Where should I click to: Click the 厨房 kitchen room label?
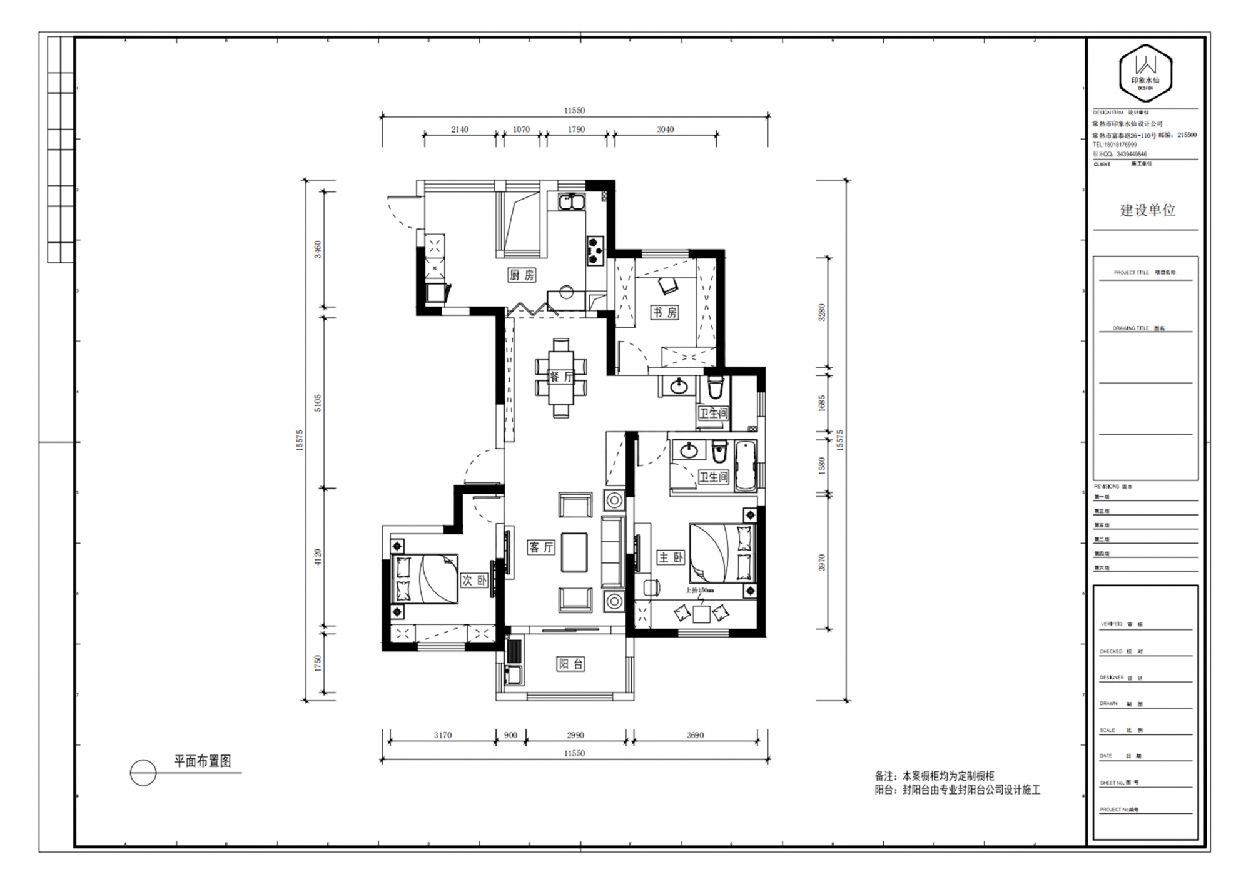coord(522,275)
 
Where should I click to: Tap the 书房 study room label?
coord(664,312)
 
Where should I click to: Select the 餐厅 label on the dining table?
coord(561,377)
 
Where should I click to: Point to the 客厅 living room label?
coord(541,547)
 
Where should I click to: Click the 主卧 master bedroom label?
coord(671,557)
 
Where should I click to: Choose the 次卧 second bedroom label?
coord(474,580)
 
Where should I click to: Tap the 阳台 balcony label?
coord(570,664)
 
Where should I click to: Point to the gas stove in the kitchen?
coord(595,248)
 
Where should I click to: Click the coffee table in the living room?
coord(574,552)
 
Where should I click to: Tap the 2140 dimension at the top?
coord(460,130)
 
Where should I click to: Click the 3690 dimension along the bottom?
coord(695,735)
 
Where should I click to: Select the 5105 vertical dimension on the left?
coord(318,402)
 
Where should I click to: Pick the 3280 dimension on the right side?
coord(822,312)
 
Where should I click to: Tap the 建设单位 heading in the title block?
coord(1147,210)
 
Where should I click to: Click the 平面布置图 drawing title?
coord(203,761)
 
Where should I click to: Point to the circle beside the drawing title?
coord(143,773)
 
